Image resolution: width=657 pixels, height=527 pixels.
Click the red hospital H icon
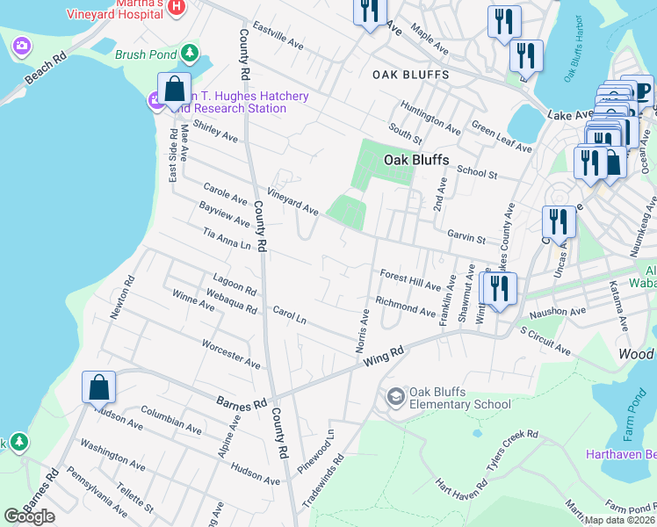(177, 7)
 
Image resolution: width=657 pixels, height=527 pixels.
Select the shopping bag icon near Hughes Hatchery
(174, 90)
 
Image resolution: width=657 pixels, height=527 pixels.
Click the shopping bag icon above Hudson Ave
(98, 386)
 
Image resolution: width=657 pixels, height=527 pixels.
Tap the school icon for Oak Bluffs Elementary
(396, 398)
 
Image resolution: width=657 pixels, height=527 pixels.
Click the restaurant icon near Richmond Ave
(499, 288)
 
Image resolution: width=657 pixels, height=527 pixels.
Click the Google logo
(30, 516)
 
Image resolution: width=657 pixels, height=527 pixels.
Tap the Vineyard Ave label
(292, 203)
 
